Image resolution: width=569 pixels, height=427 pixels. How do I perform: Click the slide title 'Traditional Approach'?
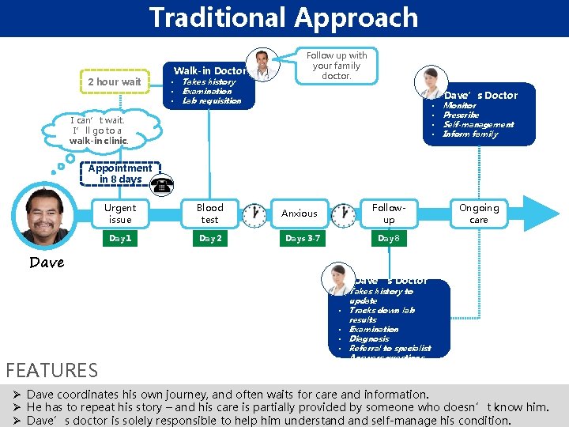(x=284, y=17)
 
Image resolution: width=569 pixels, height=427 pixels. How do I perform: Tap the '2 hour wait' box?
(x=115, y=81)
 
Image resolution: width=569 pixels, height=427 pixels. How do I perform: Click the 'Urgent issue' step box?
(x=120, y=213)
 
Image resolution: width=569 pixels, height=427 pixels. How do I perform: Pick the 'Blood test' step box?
(x=209, y=213)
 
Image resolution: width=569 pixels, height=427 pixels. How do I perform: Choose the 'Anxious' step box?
(x=300, y=213)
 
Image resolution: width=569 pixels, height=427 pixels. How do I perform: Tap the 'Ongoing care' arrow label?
(x=479, y=213)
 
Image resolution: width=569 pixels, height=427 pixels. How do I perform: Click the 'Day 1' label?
(x=120, y=238)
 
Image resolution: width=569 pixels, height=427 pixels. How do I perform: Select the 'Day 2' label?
(x=209, y=238)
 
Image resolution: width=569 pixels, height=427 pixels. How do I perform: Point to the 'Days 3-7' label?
(x=303, y=238)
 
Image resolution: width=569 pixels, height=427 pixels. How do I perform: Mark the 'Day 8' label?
(x=389, y=238)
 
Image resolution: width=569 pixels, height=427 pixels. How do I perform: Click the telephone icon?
(x=162, y=187)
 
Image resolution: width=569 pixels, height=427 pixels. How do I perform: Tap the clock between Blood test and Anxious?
(x=254, y=215)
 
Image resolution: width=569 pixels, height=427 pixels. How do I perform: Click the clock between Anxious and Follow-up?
(x=343, y=215)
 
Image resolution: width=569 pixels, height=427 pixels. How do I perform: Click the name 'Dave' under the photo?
(x=47, y=263)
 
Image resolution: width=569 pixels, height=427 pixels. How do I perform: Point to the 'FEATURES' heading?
(x=51, y=369)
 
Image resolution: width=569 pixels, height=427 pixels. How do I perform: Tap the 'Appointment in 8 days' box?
(x=120, y=174)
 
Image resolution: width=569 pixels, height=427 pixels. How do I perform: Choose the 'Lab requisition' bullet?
(x=211, y=101)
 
